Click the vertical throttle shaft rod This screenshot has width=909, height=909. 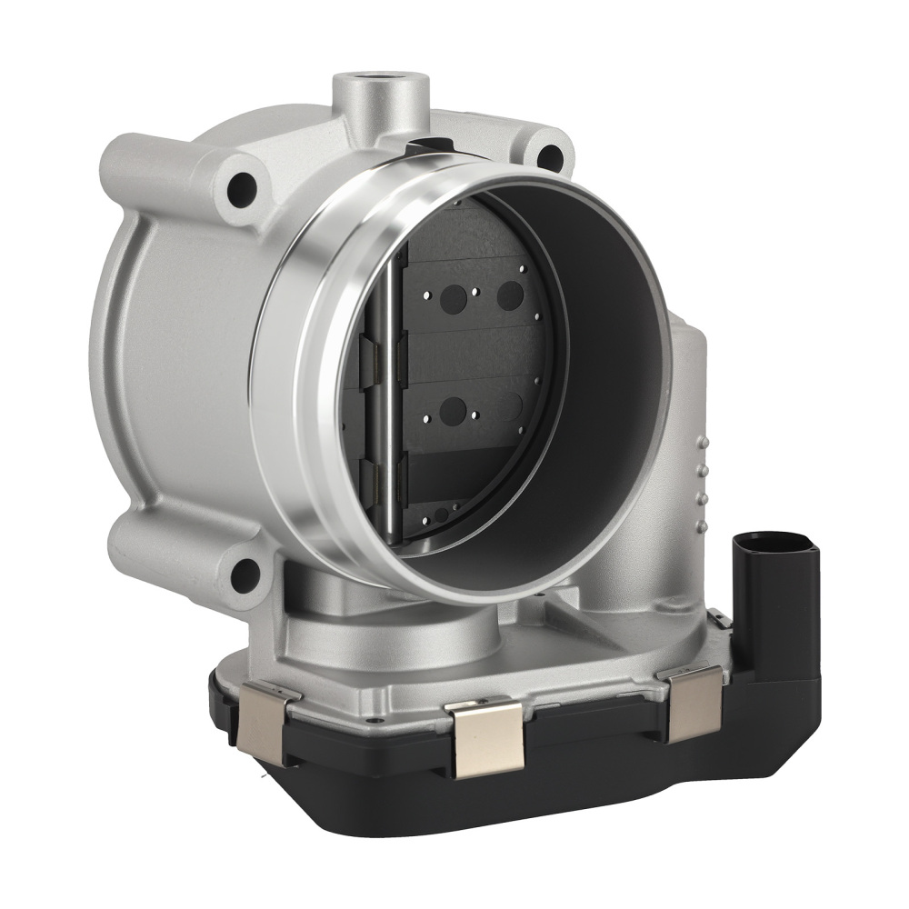point(390,400)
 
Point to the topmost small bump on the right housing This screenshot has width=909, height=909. point(701,440)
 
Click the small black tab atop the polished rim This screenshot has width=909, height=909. point(430,145)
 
